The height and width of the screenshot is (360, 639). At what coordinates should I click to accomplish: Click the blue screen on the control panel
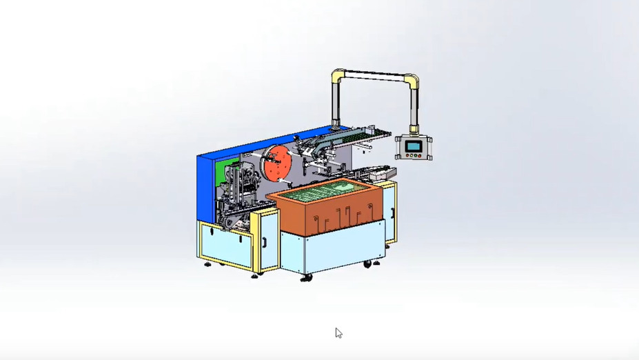(x=413, y=146)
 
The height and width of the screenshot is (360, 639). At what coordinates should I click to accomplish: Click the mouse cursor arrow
(x=338, y=332)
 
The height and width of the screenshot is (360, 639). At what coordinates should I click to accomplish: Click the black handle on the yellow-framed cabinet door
(x=263, y=242)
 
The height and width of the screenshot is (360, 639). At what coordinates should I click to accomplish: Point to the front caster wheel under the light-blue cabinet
(x=305, y=277)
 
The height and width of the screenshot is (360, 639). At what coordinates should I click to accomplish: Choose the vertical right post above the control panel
(x=414, y=107)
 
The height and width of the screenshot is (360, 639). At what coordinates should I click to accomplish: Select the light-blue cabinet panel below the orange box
(x=331, y=252)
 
